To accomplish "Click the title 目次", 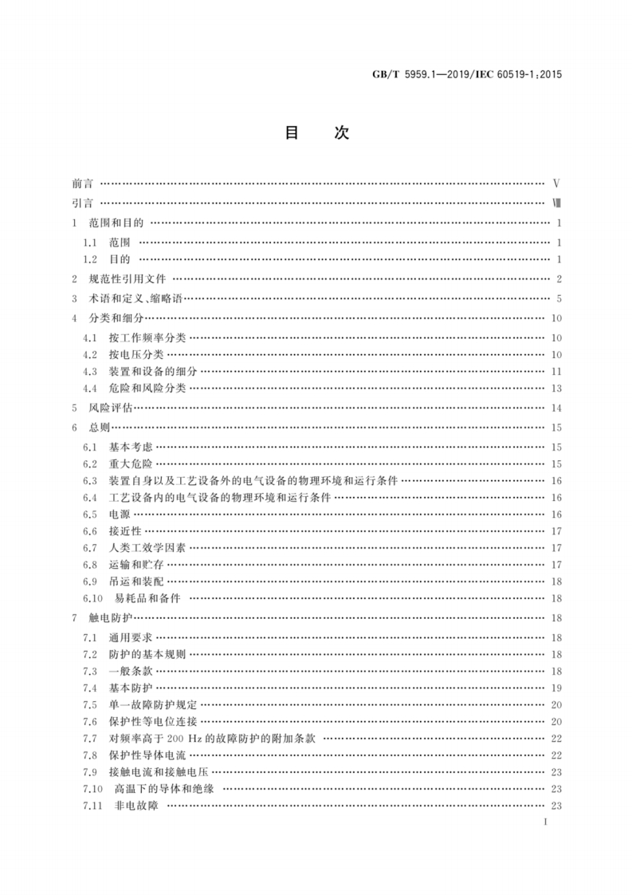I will coord(316,133).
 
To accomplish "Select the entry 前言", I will coord(81,183).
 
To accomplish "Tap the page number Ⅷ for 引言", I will coord(557,203).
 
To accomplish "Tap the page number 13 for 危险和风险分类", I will coord(557,388).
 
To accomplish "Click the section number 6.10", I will coord(94,598).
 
